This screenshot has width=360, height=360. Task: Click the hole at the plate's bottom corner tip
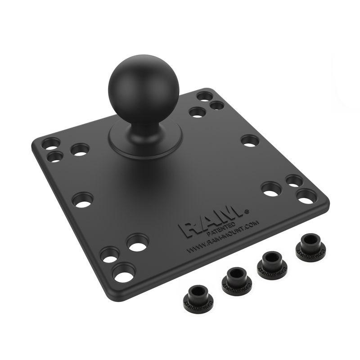(124, 272)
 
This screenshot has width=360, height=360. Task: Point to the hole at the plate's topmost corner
(204, 96)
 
